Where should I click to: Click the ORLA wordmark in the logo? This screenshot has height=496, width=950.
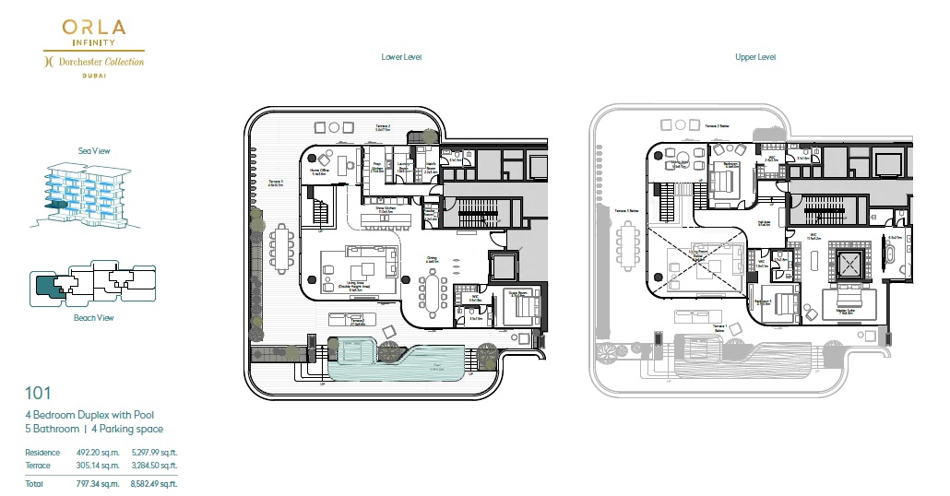tap(94, 28)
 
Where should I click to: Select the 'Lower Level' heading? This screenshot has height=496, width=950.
tap(401, 57)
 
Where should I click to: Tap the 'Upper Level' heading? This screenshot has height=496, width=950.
tap(754, 57)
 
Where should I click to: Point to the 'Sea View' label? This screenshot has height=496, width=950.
tap(94, 150)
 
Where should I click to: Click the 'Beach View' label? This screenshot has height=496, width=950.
tap(94, 318)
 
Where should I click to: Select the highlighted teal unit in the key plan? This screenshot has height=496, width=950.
tap(48, 286)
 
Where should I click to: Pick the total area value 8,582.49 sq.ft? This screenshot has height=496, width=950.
tap(155, 483)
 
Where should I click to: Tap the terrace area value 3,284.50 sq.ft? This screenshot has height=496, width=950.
tap(155, 465)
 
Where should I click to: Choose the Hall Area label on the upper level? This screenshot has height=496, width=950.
tap(764, 222)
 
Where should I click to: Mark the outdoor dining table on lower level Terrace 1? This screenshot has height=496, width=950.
tap(279, 248)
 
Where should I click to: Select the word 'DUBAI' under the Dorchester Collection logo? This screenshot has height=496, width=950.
tap(94, 75)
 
